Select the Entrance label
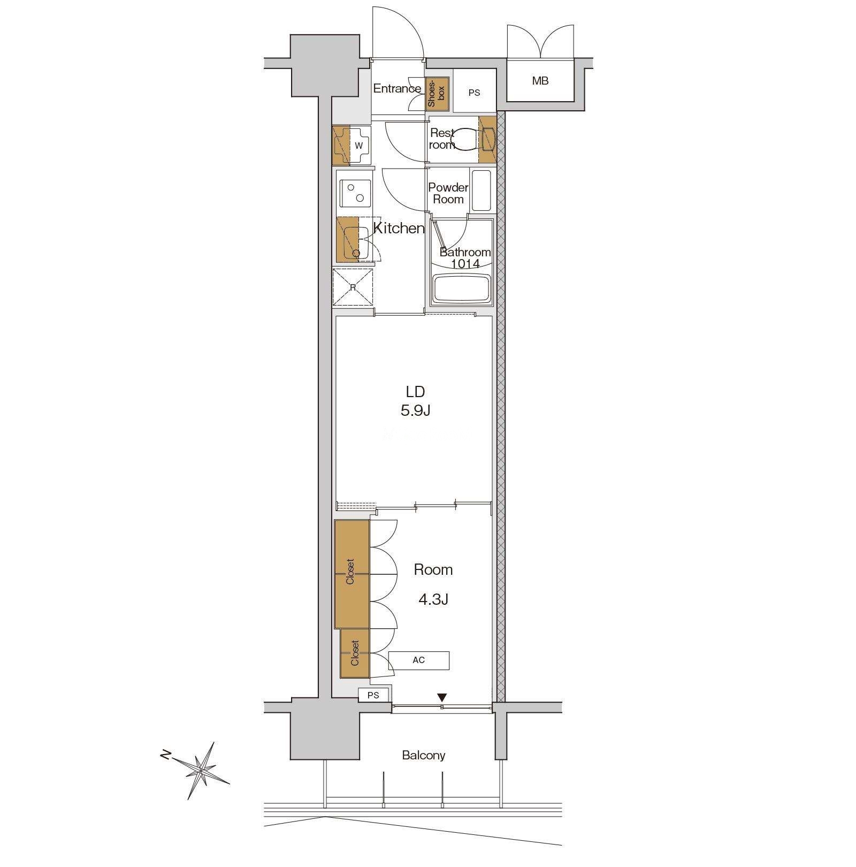pos(397,88)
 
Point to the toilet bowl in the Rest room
pos(463,139)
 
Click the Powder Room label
pos(448,193)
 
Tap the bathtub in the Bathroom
pos(462,289)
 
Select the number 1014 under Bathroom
pos(465,263)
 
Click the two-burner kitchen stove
pos(355,193)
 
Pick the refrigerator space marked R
pos(353,287)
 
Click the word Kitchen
pos(399,229)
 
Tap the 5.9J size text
pos(416,410)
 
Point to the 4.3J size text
pos(433,599)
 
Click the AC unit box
pos(419,660)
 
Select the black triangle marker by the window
pos(441,697)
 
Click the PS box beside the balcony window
pos(373,695)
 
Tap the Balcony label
pos(424,755)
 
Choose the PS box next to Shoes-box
pos(474,92)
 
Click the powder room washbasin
pos(481,191)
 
